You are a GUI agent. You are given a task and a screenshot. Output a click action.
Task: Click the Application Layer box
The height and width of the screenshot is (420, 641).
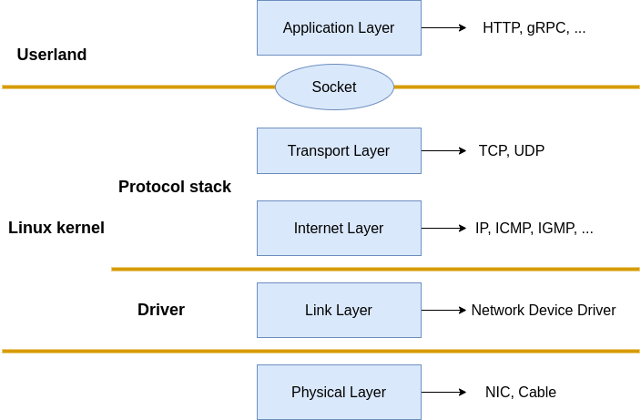[339, 27]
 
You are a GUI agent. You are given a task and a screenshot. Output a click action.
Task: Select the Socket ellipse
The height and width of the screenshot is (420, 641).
[334, 87]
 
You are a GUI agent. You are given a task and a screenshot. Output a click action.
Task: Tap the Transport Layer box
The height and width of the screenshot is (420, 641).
[339, 150]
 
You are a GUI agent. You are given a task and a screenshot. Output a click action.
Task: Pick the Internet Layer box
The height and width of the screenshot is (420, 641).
[339, 228]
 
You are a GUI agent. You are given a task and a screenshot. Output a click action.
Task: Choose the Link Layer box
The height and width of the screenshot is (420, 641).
[339, 310]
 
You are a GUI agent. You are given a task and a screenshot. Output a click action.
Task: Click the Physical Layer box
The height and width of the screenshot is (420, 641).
[339, 392]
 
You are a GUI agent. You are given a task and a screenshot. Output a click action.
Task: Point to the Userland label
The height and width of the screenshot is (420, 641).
[52, 55]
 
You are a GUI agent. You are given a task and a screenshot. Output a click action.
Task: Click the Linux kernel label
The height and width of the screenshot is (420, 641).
[56, 228]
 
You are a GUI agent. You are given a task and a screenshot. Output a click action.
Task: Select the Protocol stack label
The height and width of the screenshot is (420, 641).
[175, 187]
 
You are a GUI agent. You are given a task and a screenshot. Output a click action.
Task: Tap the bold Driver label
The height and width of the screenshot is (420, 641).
[161, 310]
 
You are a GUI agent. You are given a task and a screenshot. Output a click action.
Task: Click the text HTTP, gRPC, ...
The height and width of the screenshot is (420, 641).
[534, 27]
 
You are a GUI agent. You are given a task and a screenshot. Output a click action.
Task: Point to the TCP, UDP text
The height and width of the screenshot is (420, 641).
[512, 150]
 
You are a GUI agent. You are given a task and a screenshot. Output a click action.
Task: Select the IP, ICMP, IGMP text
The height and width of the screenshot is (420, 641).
[534, 228]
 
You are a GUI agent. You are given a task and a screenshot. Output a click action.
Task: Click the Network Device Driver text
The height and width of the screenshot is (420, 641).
[544, 310]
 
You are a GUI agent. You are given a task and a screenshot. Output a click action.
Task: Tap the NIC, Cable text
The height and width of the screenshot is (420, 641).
[521, 392]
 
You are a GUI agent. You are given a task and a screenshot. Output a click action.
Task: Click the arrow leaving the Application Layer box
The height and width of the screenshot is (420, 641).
[443, 27]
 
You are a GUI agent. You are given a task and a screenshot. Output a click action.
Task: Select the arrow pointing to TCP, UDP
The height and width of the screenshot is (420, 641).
[443, 150]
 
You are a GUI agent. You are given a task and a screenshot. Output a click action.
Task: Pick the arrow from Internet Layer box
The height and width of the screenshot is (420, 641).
[443, 228]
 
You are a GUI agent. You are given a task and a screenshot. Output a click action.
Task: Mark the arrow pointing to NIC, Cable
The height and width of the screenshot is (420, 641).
[443, 392]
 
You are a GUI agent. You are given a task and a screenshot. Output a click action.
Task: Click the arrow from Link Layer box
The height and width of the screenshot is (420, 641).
[443, 310]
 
